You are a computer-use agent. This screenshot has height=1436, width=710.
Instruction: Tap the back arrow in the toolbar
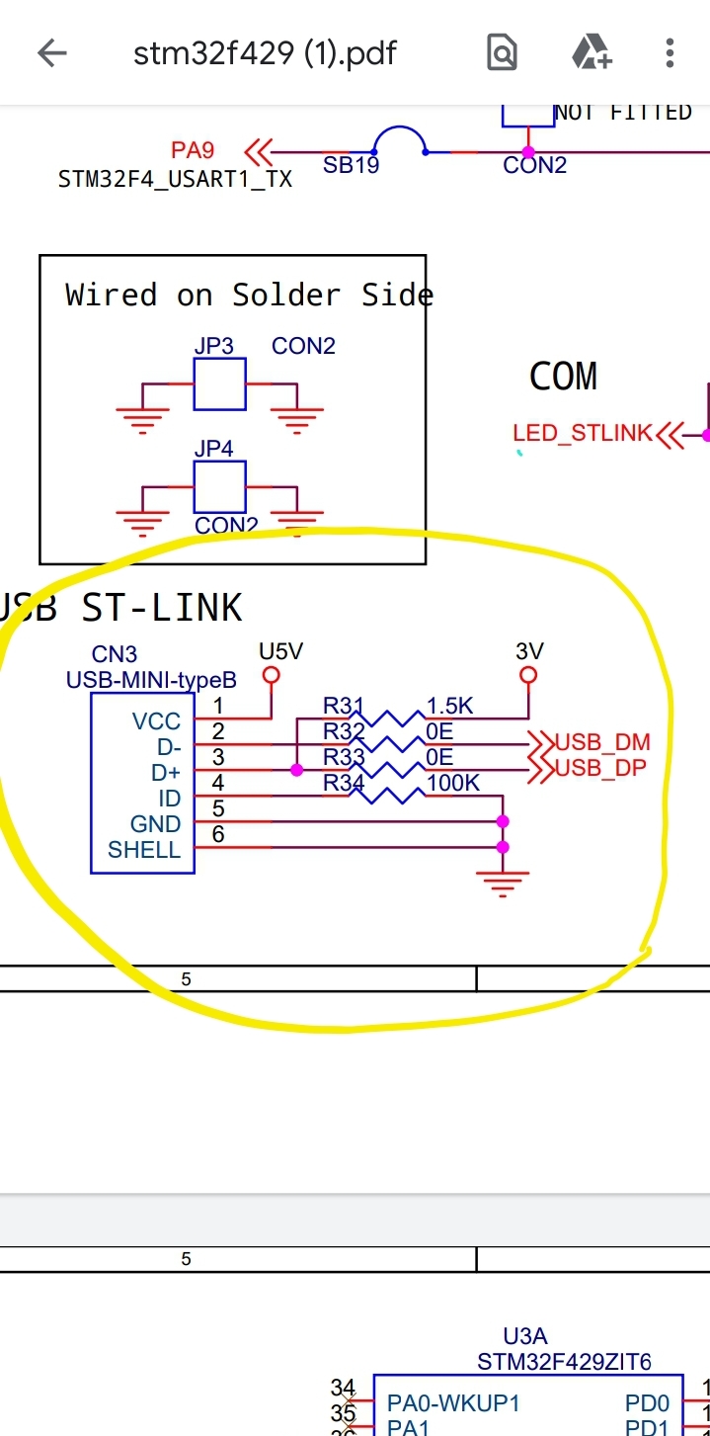click(51, 52)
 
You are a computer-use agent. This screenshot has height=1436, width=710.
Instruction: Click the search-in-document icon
click(502, 52)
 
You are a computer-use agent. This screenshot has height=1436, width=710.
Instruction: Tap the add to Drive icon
click(592, 52)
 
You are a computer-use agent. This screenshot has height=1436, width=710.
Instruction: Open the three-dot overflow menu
click(670, 52)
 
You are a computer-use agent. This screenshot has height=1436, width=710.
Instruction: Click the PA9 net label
click(193, 150)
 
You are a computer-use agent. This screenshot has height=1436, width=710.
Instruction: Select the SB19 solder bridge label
click(351, 166)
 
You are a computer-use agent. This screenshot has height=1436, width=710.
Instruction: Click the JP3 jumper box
click(219, 384)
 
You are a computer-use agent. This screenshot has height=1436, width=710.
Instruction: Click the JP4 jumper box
click(219, 486)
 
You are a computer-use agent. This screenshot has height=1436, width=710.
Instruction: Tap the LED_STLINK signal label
click(583, 433)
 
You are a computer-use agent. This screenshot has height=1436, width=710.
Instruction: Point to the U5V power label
click(280, 651)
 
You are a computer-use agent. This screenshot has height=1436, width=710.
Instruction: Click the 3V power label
click(529, 651)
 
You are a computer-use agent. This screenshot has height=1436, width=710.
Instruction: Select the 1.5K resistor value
click(450, 706)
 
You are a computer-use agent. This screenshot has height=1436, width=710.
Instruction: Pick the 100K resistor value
click(453, 783)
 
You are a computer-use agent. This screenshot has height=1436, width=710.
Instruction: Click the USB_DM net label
click(602, 742)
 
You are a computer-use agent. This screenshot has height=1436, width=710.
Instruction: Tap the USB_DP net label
click(601, 768)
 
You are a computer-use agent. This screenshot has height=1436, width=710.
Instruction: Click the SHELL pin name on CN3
click(144, 850)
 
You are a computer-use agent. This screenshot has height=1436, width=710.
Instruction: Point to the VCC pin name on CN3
click(157, 721)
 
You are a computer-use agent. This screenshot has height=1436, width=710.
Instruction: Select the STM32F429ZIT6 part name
click(564, 1362)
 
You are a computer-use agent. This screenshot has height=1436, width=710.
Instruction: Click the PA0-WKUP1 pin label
click(453, 1402)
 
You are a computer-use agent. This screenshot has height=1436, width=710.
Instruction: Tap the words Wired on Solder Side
click(249, 295)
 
